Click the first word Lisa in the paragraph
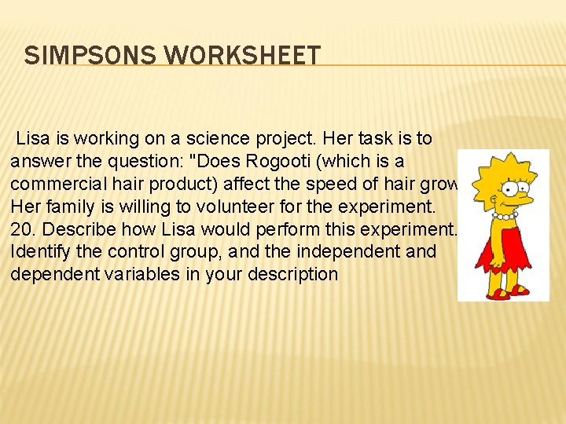[32, 139]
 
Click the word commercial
[55, 184]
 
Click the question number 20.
[21, 229]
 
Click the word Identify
[39, 252]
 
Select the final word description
[292, 275]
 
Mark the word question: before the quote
[167, 161]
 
